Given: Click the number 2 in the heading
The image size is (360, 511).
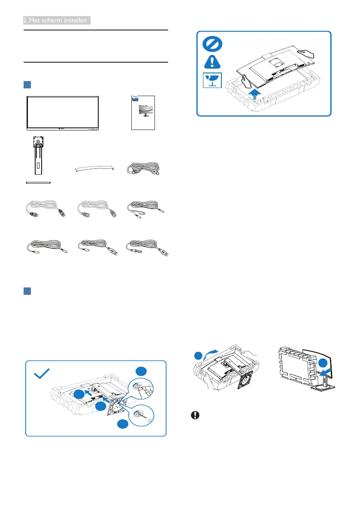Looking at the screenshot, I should click(x=26, y=20).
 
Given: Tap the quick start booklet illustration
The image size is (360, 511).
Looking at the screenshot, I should click(x=143, y=113).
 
